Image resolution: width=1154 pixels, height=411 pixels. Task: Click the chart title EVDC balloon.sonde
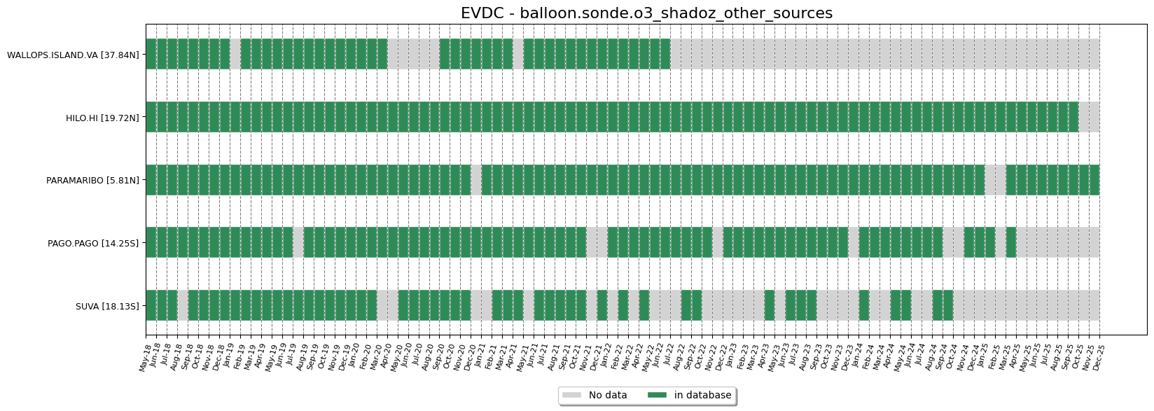[x=646, y=13]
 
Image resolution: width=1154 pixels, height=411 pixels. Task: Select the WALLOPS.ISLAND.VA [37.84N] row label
[x=73, y=55]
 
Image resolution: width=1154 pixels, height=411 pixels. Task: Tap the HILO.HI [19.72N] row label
[x=102, y=118]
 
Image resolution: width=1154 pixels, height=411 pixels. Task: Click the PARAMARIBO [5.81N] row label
[x=92, y=181]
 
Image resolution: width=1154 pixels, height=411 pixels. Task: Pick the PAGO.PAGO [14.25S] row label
[x=93, y=243]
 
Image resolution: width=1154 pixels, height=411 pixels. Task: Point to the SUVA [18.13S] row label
[x=107, y=306]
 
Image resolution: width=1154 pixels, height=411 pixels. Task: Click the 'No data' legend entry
[x=607, y=396]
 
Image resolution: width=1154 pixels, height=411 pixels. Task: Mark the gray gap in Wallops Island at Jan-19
[x=235, y=54]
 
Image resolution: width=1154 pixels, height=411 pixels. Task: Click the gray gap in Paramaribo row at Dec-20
[x=476, y=180]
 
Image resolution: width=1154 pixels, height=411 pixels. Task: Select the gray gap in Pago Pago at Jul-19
[x=298, y=242]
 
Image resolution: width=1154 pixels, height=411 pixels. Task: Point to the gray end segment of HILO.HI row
[x=1089, y=117]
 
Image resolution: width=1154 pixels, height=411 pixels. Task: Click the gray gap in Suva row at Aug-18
[x=183, y=305]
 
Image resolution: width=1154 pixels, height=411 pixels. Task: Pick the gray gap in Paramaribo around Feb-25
[x=995, y=180]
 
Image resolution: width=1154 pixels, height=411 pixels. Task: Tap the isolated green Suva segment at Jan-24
[x=864, y=305]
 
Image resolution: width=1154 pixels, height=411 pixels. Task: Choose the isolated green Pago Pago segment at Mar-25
[x=1011, y=242]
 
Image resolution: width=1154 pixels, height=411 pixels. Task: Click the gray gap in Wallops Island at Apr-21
[x=518, y=54]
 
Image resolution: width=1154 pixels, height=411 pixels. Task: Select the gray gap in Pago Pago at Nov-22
[x=718, y=242]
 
